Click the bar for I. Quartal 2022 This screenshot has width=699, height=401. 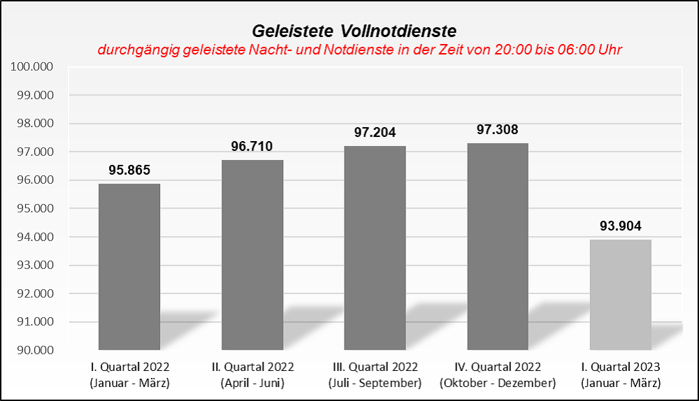click(x=129, y=266)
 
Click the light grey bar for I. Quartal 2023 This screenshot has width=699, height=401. click(x=621, y=294)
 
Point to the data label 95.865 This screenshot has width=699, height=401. click(x=129, y=170)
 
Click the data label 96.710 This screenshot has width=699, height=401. click(x=252, y=146)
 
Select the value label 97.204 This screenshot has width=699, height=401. click(x=375, y=132)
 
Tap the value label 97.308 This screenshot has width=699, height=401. click(x=498, y=129)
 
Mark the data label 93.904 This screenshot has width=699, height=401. click(x=621, y=226)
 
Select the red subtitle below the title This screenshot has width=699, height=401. click(x=360, y=50)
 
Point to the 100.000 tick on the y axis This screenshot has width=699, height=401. click(x=33, y=67)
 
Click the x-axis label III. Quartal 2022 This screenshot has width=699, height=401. click(x=375, y=367)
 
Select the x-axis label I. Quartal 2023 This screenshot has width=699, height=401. click(x=621, y=367)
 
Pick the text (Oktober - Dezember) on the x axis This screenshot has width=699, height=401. click(x=498, y=383)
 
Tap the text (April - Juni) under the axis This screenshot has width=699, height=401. click(x=252, y=383)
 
